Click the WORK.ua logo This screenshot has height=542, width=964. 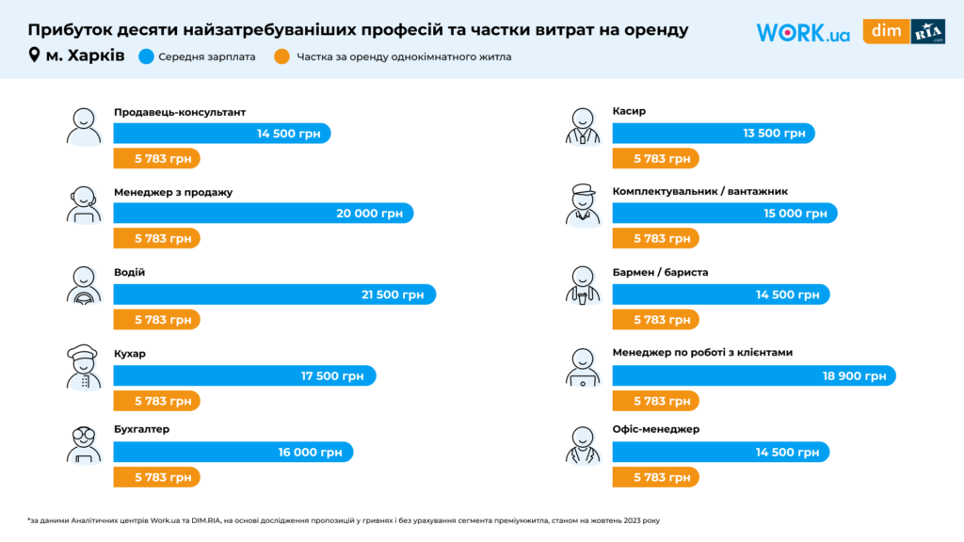pos(803,33)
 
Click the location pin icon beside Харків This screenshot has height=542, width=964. pos(35,56)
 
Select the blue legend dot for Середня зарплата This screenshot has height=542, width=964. pos(146,56)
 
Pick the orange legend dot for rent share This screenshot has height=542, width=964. pos(281,56)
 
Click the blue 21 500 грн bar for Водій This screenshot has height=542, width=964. pos(274,295)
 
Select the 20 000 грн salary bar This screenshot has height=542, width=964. pos(263,214)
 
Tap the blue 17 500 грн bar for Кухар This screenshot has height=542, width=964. pos(244,375)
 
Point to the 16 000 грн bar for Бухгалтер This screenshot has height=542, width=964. pos(233,452)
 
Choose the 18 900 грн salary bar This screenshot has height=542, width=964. pos(753,375)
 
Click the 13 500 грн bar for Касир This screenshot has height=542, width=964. pos(713,134)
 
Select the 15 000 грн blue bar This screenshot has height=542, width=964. pos(724,214)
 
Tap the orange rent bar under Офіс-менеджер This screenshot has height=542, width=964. pos(655,477)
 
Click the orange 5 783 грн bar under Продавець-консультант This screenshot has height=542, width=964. pos(156,159)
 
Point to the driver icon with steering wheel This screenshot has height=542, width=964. pos(84,285)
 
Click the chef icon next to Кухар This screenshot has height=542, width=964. pos(84,367)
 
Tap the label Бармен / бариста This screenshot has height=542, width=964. pos(660,272)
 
